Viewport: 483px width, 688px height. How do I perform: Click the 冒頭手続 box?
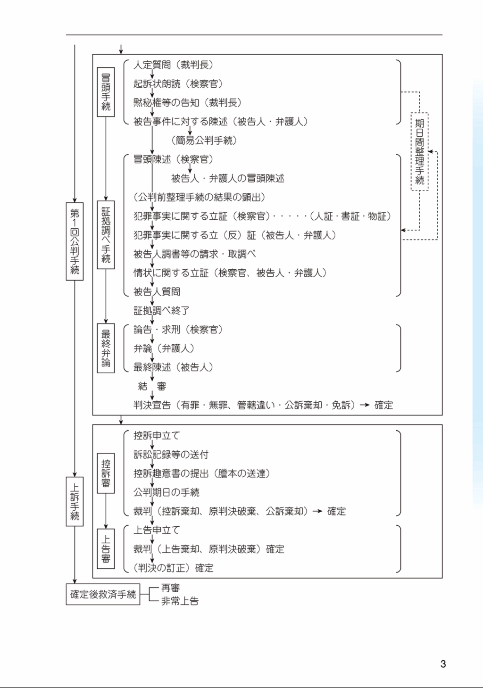pos(106,92)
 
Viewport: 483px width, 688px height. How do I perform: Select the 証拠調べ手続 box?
pos(106,235)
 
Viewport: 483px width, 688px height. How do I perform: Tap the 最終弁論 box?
pos(106,348)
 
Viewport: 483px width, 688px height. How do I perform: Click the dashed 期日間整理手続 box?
pos(419,152)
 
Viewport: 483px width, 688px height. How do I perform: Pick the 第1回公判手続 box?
pos(75,241)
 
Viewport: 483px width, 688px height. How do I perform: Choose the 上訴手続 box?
pos(75,502)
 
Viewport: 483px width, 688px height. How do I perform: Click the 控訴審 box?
pos(106,473)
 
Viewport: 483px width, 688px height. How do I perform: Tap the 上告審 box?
pos(106,549)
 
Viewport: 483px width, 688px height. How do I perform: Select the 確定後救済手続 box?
pos(103,594)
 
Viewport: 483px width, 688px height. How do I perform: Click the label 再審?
pos(171,588)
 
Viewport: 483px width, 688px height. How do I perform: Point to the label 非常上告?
pos(180,601)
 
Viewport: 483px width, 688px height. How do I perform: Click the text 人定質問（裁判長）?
pos(174,65)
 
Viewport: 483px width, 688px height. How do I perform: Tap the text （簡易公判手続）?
pos(204,141)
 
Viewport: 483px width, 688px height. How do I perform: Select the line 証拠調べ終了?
pos(162,311)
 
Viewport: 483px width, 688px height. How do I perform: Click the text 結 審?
pos(152,386)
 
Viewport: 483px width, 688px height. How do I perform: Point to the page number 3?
pos(443,664)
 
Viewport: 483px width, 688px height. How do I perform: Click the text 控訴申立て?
pos(157,436)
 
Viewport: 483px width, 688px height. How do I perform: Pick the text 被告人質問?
pos(157,292)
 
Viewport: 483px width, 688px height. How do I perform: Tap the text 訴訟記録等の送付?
pos(171,455)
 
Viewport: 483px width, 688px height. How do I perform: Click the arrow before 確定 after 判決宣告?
pos(365,405)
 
